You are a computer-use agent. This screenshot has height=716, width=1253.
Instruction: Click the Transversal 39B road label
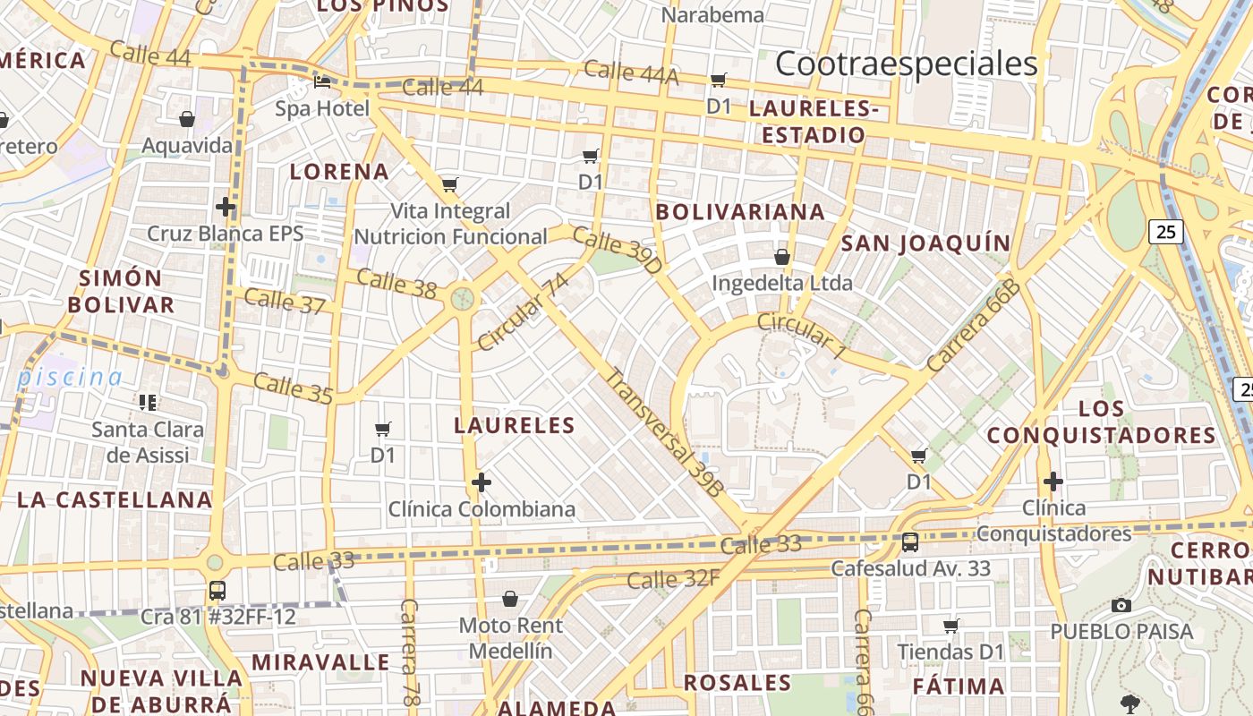(663, 432)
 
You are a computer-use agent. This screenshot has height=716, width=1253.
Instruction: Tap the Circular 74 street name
(524, 312)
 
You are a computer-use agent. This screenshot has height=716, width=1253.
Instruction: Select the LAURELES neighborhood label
(514, 425)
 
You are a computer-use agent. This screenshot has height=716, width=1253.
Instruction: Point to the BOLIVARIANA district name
(740, 212)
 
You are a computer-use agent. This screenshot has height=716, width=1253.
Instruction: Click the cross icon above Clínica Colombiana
(482, 483)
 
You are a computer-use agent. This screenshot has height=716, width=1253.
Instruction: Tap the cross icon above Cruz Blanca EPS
(226, 208)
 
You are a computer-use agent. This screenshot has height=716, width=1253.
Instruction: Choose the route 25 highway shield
(1166, 232)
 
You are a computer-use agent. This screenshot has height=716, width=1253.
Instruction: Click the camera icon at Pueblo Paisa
(1121, 606)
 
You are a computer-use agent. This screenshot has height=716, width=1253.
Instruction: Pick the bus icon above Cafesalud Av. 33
(910, 541)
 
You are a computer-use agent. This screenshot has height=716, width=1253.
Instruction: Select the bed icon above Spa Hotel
(322, 82)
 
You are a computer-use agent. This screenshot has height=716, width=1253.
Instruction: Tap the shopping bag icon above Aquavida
(187, 119)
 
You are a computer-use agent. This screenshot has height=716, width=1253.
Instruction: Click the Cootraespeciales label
(906, 64)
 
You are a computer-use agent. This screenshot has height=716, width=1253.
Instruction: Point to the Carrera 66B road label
(974, 326)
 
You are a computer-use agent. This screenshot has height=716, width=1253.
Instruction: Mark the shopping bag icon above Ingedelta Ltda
(782, 257)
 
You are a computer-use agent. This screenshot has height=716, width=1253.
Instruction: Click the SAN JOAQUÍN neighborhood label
(925, 243)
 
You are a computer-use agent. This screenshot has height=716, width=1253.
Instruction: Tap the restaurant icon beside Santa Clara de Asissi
(147, 402)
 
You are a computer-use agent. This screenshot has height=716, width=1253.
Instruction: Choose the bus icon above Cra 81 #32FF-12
(217, 591)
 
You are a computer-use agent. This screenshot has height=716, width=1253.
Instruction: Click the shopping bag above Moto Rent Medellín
(510, 598)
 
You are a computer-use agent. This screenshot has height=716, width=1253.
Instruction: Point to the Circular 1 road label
(801, 336)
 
